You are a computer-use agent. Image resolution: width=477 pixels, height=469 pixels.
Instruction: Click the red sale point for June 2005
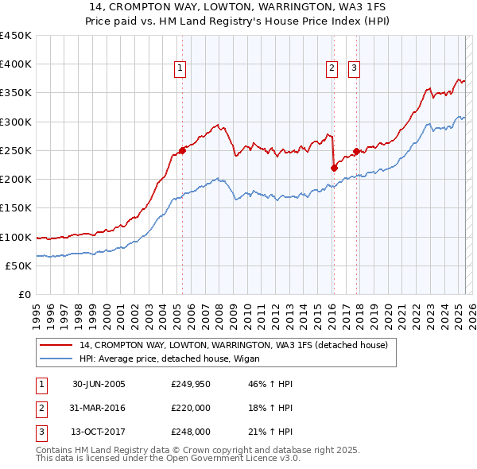182,149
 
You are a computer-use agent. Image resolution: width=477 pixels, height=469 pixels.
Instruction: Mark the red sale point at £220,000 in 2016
334,168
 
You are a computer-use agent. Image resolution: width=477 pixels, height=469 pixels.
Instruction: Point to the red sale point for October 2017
356,151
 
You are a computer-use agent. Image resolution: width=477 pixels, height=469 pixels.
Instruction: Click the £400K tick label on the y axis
16,64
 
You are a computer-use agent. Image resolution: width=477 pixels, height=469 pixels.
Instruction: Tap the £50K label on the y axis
19,266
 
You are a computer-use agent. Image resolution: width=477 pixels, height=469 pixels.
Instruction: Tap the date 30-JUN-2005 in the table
99,384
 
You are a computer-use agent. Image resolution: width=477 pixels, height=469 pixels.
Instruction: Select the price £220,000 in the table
191,408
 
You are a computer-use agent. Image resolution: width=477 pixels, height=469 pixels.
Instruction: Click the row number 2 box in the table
41,408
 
